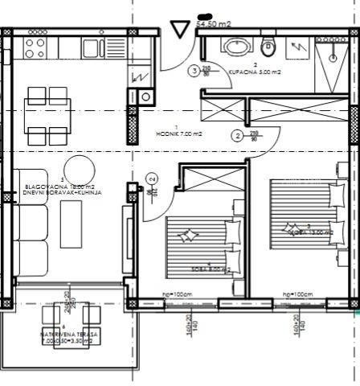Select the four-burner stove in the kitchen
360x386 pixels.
click(x=35, y=47)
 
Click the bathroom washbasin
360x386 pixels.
click(x=235, y=45)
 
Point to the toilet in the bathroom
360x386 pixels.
click(x=268, y=43)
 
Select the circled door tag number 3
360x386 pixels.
click(x=194, y=71)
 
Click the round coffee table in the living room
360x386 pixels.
click(x=78, y=168)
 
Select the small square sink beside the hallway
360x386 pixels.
click(x=145, y=96)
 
